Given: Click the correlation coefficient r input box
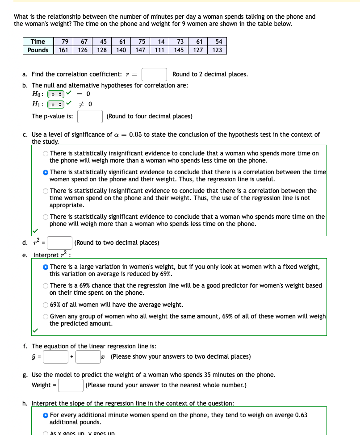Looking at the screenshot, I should pos(154,74).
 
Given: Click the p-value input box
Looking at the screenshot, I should pos(90,117).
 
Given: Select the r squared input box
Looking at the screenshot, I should pos(60,243).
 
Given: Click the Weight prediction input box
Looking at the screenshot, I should pos(71,385).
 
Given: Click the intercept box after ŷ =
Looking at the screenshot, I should pos(55,356).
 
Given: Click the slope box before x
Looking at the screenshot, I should pos(88,356).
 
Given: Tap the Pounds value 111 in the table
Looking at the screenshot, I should pos(160,50).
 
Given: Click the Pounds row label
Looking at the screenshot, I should pos(38,50).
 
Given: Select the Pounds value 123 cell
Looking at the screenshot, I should pos(218,50).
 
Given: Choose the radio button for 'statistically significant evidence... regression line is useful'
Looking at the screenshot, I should pos(46,172).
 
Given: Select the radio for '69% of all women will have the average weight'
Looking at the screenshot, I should pos(46,305).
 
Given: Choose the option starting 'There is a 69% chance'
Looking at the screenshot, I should pos(46,286).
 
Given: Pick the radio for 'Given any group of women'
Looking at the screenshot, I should pos(46,316).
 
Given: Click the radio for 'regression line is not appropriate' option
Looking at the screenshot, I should pos(46,191).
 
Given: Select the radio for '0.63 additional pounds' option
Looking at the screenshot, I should pos(46,415).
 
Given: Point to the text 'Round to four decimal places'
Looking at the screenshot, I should pos(150,117).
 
